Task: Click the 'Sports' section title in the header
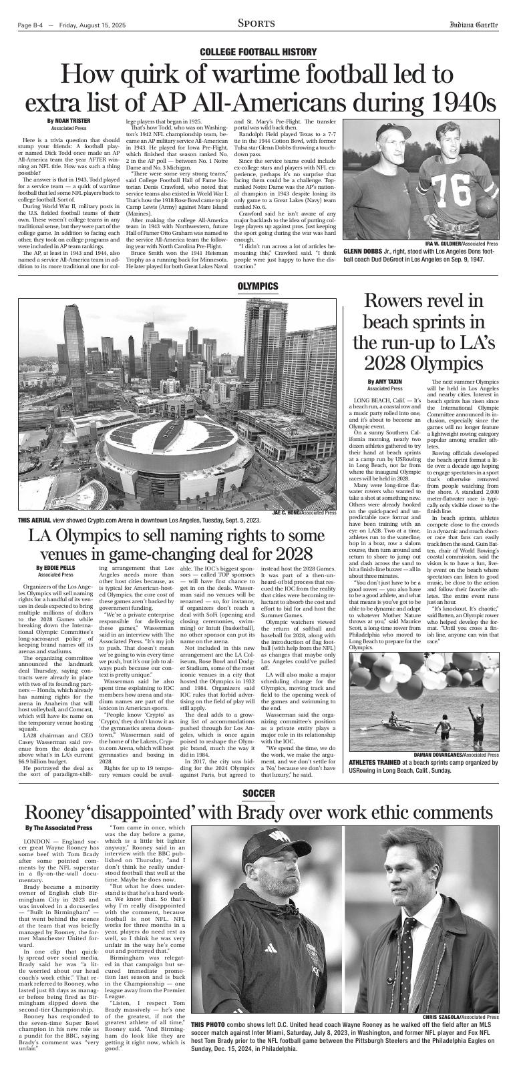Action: (256, 24)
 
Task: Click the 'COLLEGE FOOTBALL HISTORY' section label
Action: (258, 52)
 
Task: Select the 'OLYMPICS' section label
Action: (258, 286)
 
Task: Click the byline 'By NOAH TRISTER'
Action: (69, 121)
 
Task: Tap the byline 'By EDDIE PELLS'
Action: (55, 568)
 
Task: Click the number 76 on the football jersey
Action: (459, 191)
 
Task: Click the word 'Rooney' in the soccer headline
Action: (53, 813)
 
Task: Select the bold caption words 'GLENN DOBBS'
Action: (363, 252)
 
